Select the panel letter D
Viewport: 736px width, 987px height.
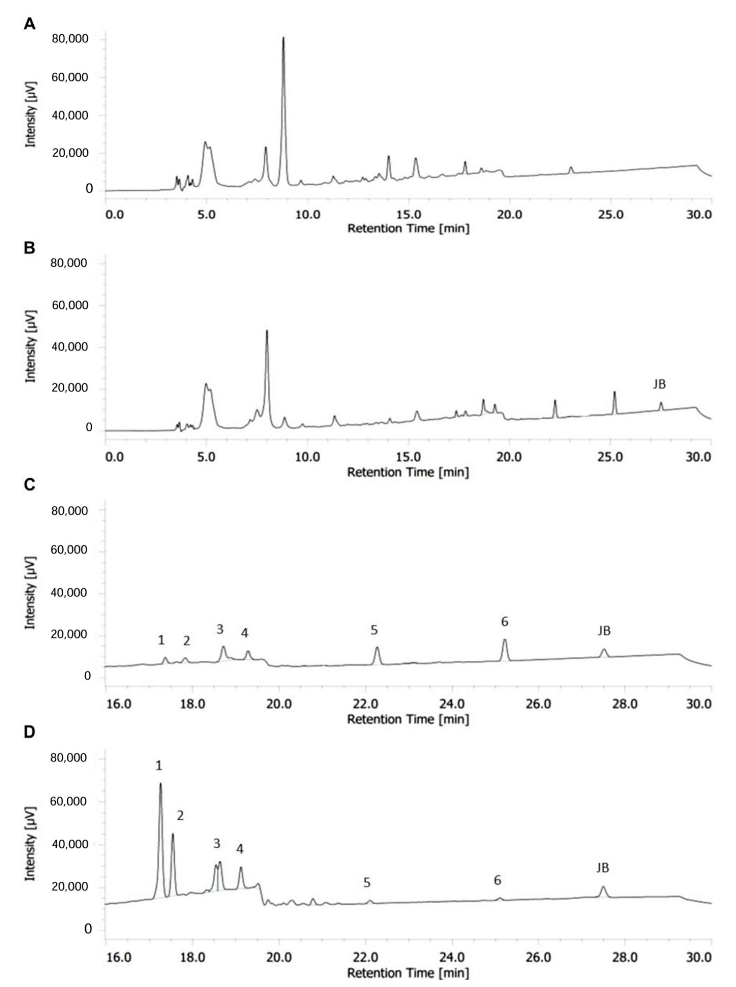click(x=29, y=732)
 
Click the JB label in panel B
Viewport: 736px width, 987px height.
click(x=659, y=384)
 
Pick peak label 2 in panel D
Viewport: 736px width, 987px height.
click(x=180, y=815)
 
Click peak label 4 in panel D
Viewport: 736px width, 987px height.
click(x=240, y=849)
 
